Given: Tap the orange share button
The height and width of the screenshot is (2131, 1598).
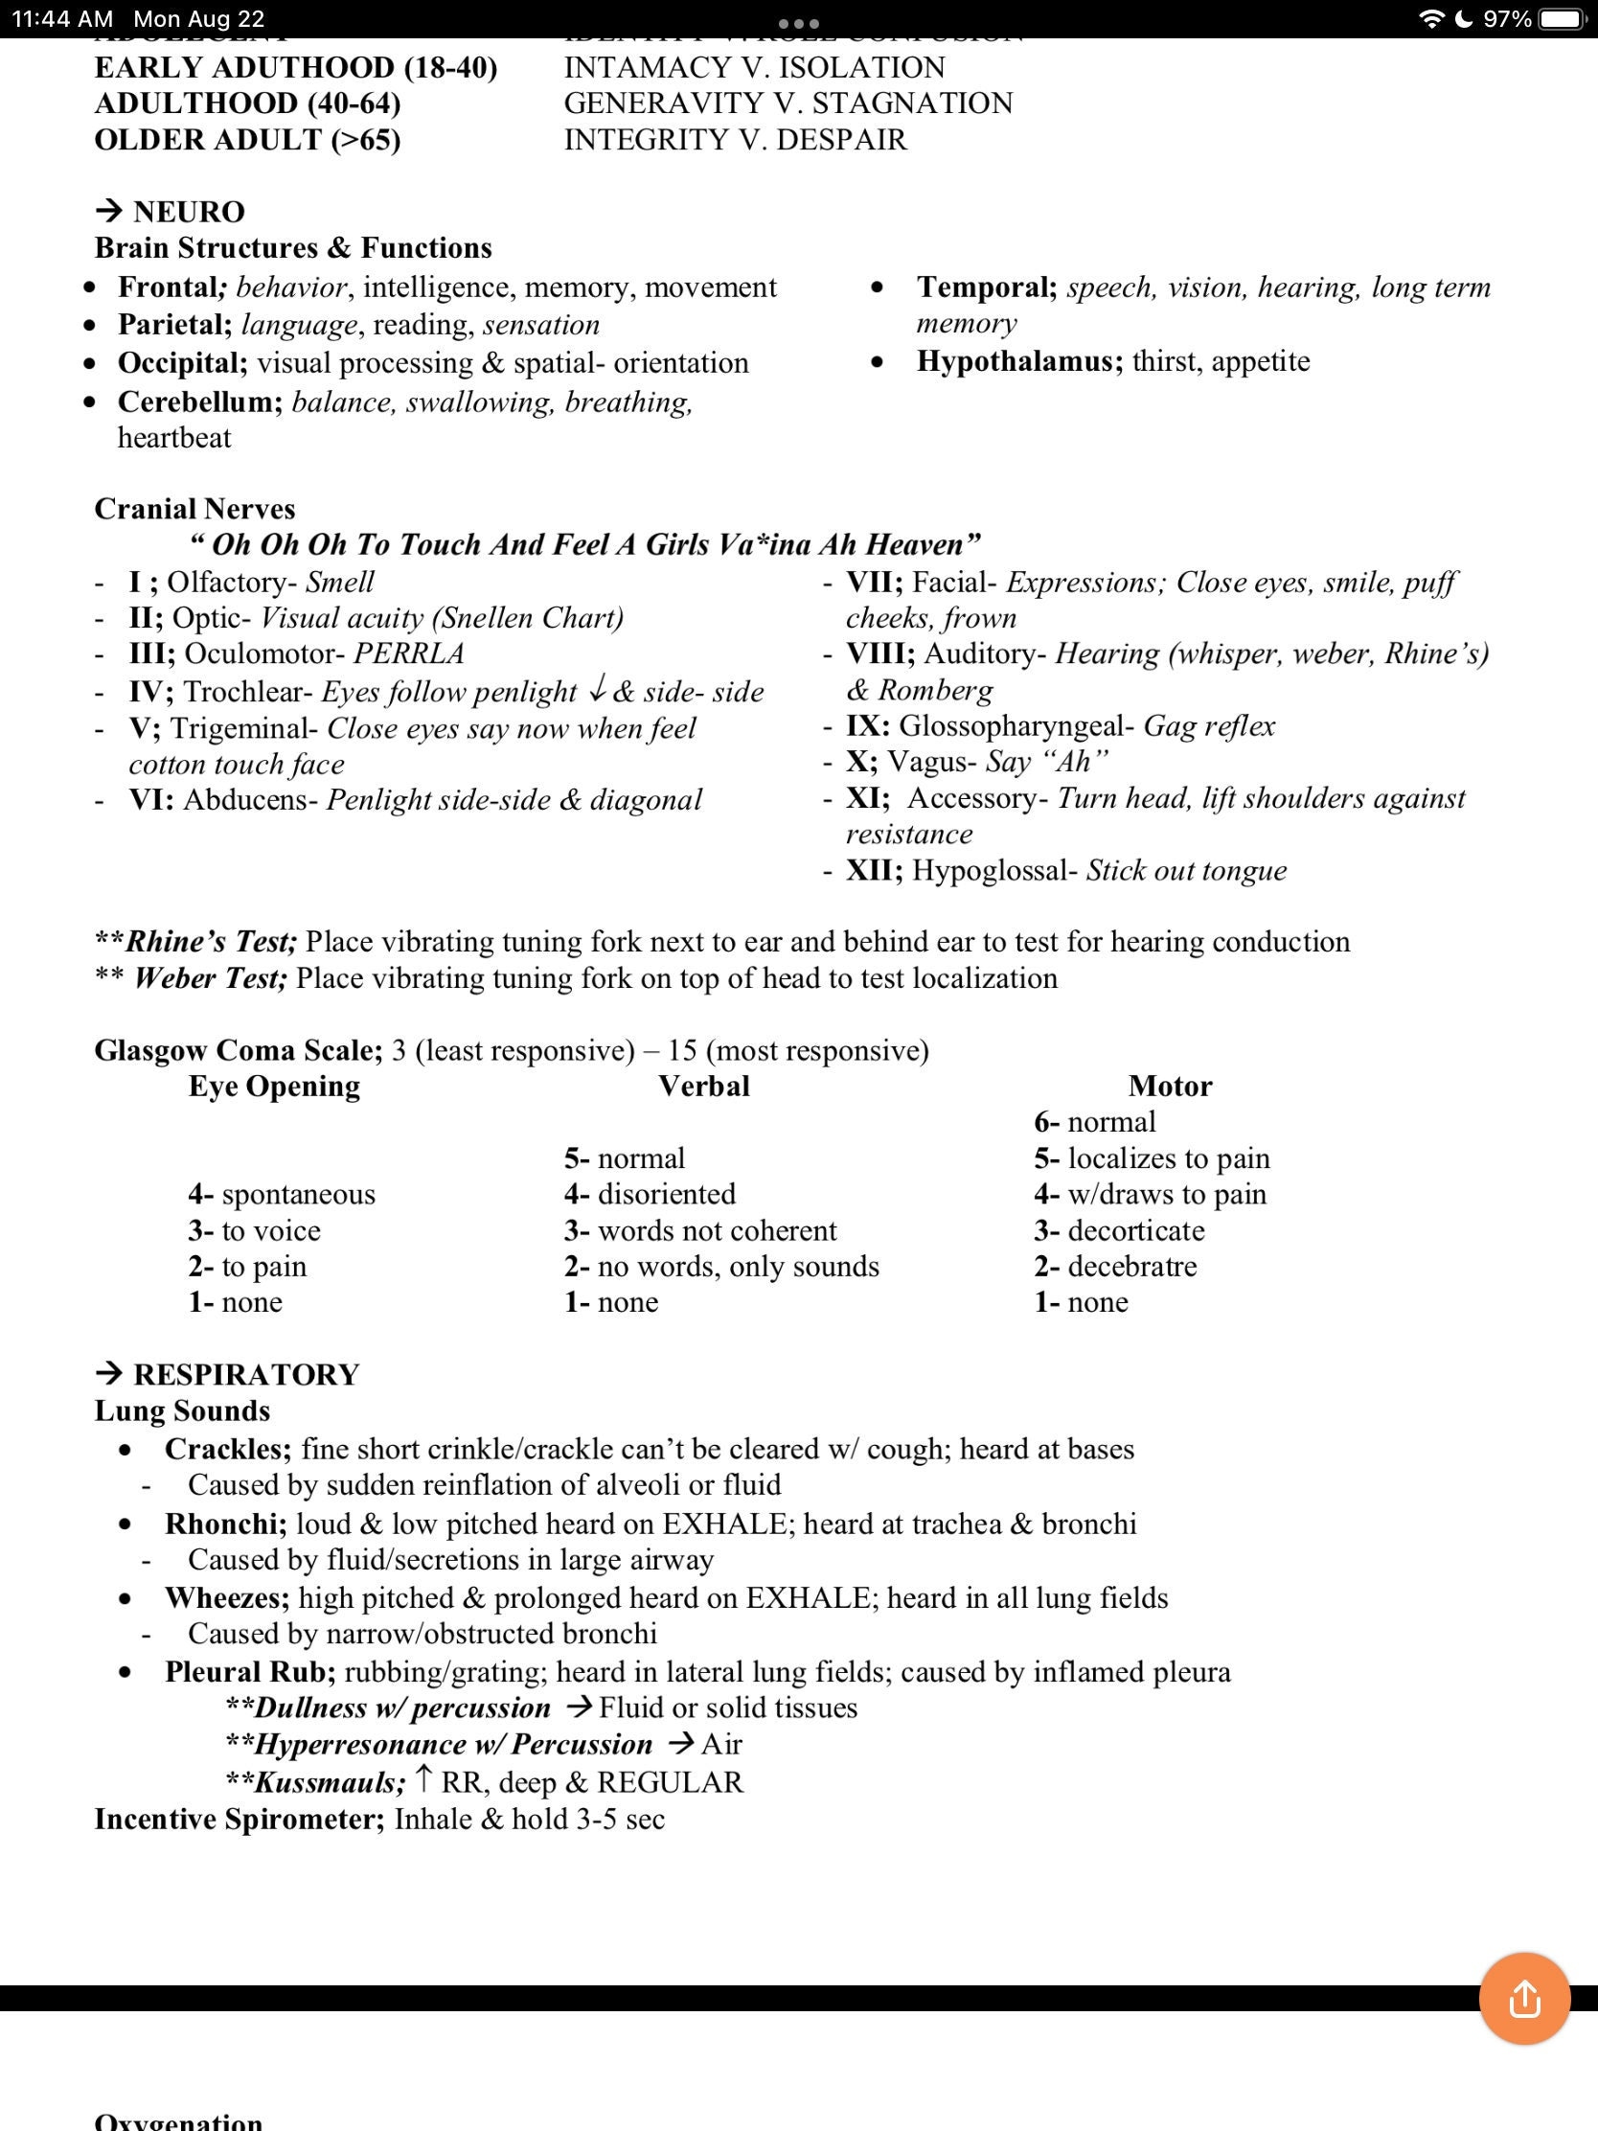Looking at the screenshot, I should point(1524,1998).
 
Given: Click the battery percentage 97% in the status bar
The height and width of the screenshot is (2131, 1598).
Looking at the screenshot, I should point(1506,19).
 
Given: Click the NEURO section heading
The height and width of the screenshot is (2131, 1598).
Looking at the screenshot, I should point(189,212).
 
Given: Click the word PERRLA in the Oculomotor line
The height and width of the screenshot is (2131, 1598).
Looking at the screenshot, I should point(408,653).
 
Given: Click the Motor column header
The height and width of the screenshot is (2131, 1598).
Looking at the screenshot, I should point(1170,1086).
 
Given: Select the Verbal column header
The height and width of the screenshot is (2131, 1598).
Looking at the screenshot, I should point(703,1086).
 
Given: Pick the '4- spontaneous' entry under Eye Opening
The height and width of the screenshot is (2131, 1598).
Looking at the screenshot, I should point(282,1194).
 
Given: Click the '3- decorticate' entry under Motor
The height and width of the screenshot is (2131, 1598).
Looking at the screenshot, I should point(1119,1230).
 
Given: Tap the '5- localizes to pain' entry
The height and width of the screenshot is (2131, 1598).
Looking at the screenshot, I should point(1152,1158).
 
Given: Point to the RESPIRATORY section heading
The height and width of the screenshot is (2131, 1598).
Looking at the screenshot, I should point(245,1374).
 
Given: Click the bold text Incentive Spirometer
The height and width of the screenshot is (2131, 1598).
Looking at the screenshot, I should point(239,1819).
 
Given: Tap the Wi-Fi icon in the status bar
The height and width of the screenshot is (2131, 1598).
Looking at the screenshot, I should point(1431,19).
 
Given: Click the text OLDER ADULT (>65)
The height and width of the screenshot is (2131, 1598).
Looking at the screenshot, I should point(247,140).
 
